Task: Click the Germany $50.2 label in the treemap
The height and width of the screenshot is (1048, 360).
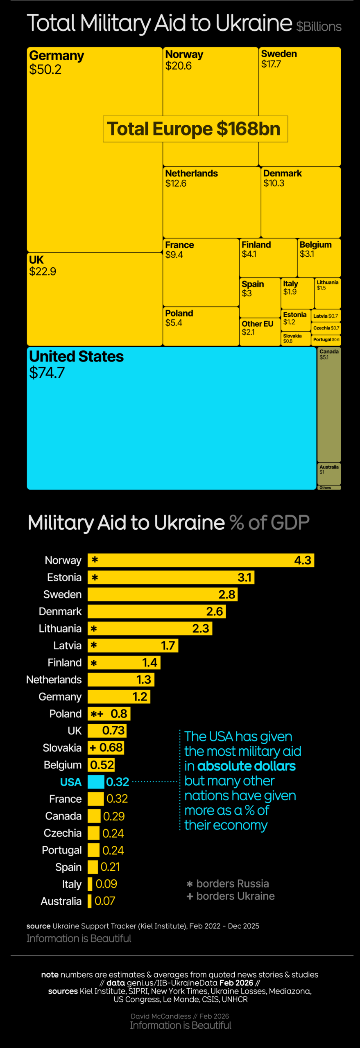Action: coord(57,62)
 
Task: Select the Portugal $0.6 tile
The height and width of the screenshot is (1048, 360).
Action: coord(326,340)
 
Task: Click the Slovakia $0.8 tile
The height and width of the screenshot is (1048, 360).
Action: coord(295,339)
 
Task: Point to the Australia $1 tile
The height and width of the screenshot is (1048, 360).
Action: coord(329,473)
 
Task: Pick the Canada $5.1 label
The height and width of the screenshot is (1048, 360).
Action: coord(329,354)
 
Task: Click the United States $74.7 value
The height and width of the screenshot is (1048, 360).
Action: coord(47,373)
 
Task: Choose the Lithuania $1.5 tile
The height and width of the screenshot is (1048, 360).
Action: coord(327,293)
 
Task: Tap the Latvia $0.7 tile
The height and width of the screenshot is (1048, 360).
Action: coord(326,316)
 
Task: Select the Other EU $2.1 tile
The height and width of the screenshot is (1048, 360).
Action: coord(260,332)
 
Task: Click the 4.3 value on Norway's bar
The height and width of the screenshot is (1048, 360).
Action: coord(303,560)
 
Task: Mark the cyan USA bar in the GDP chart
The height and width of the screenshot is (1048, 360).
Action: coord(96,782)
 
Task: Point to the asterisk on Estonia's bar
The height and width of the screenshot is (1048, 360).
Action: coord(95,578)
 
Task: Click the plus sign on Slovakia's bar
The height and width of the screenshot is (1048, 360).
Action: coord(93,748)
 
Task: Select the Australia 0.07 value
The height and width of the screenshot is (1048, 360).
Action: coord(105,901)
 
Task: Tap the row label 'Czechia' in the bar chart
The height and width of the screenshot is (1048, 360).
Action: coord(63,833)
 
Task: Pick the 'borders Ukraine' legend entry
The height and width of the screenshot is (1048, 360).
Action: coord(231,896)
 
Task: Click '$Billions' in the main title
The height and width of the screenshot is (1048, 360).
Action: coord(319,27)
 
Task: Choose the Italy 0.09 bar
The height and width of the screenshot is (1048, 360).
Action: coord(90,884)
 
